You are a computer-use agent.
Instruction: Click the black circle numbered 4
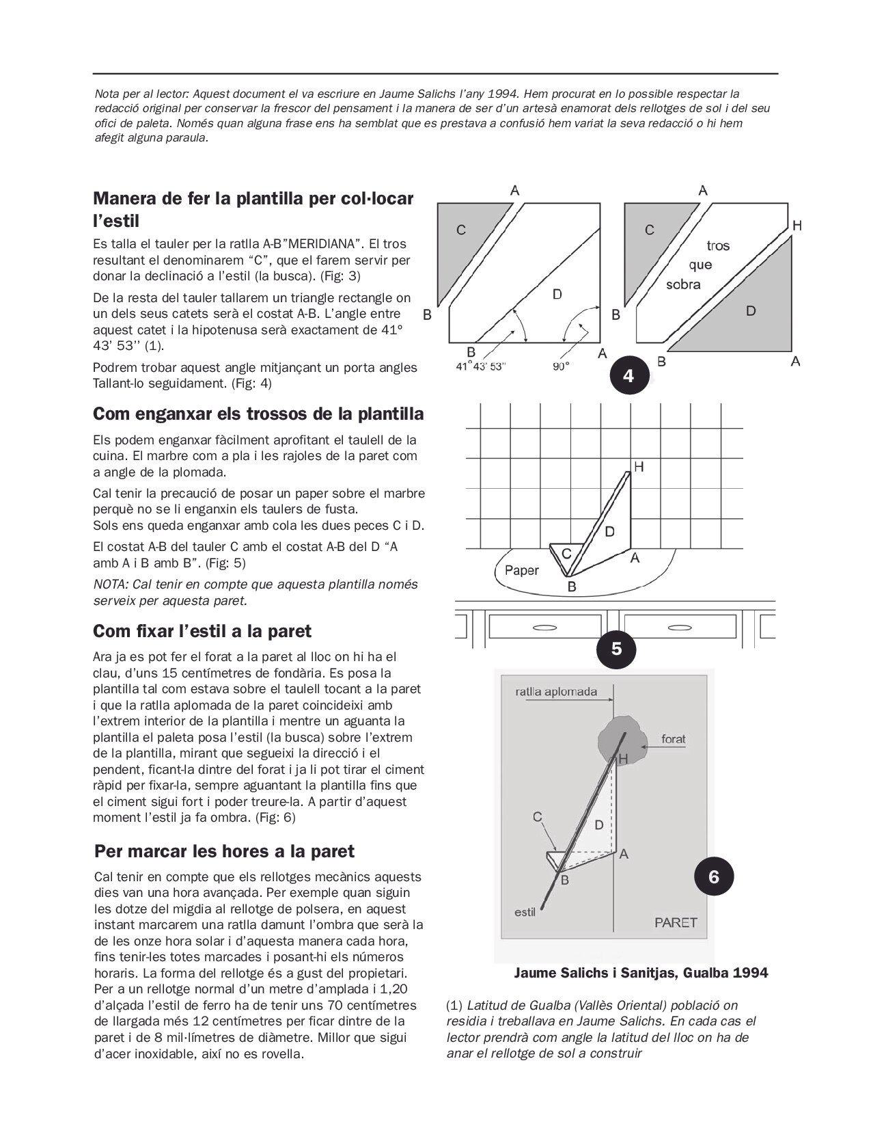(627, 375)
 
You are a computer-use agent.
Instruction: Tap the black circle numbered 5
(616, 648)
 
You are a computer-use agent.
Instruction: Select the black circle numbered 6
(714, 876)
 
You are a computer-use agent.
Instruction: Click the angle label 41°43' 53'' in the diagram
(482, 366)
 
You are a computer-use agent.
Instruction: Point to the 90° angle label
(561, 366)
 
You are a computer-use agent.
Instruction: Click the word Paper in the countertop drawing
(521, 570)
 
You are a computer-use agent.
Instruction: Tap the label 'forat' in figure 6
(673, 739)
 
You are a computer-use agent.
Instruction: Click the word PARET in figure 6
(676, 922)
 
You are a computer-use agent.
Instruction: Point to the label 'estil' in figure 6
(525, 912)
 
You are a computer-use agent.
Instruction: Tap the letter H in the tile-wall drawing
(639, 467)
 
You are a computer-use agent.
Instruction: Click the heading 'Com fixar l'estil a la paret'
(202, 631)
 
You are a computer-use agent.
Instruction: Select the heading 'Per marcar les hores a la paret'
(225, 852)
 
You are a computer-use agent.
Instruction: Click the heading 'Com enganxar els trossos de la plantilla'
(258, 414)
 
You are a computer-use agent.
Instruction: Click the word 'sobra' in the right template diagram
(683, 284)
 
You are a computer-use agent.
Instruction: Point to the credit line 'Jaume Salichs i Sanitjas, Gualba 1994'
(641, 973)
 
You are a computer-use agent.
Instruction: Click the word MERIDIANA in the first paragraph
(320, 244)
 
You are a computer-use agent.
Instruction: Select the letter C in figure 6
(538, 816)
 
